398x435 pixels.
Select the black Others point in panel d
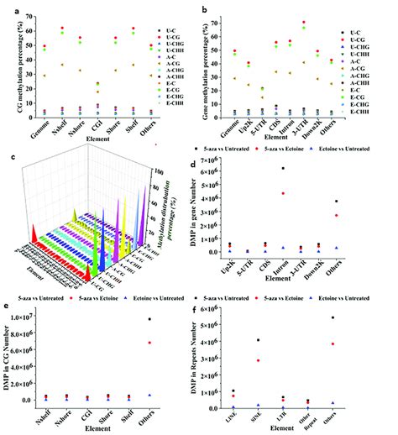click(360, 202)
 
